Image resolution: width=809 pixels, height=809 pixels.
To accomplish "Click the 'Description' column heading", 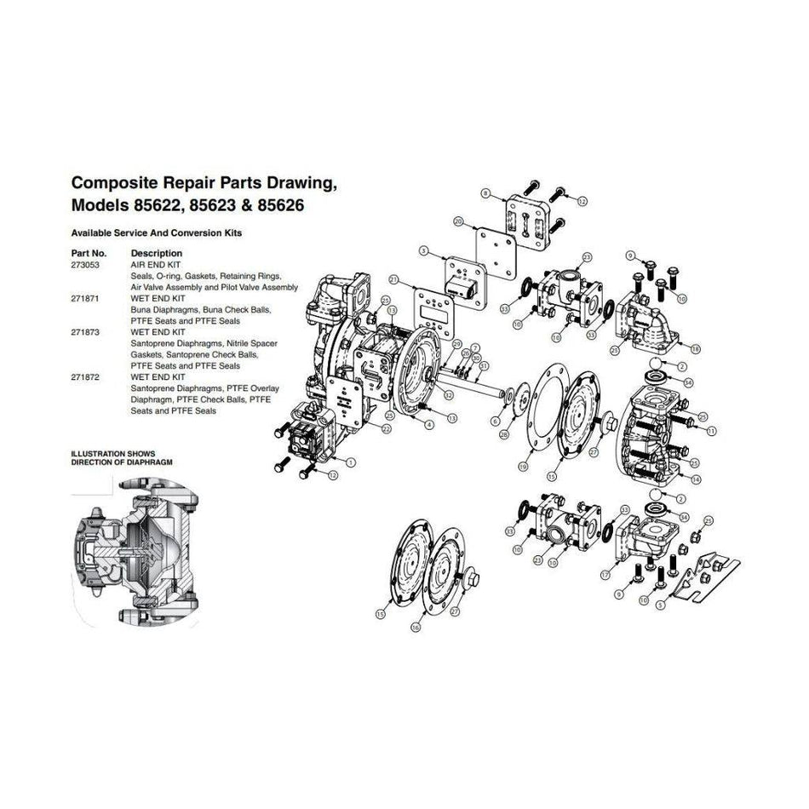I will [x=156, y=253].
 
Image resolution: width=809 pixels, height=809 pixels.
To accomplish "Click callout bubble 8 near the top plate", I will [x=486, y=195].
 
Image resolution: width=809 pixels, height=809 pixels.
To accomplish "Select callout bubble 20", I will [x=457, y=221].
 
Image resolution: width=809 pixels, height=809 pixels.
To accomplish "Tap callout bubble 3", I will [x=423, y=251].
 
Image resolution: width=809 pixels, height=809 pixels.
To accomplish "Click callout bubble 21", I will [x=393, y=279].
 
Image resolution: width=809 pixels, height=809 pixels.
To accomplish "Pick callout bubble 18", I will [x=697, y=349].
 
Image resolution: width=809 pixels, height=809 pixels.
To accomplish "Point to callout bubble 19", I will [x=524, y=467].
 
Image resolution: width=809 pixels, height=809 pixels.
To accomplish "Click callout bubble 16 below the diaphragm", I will [x=416, y=626].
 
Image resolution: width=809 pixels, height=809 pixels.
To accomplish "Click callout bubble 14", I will [x=697, y=480].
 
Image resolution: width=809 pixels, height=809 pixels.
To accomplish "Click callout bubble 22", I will [x=387, y=428].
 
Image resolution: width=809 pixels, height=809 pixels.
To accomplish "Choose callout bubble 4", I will [x=430, y=423].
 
